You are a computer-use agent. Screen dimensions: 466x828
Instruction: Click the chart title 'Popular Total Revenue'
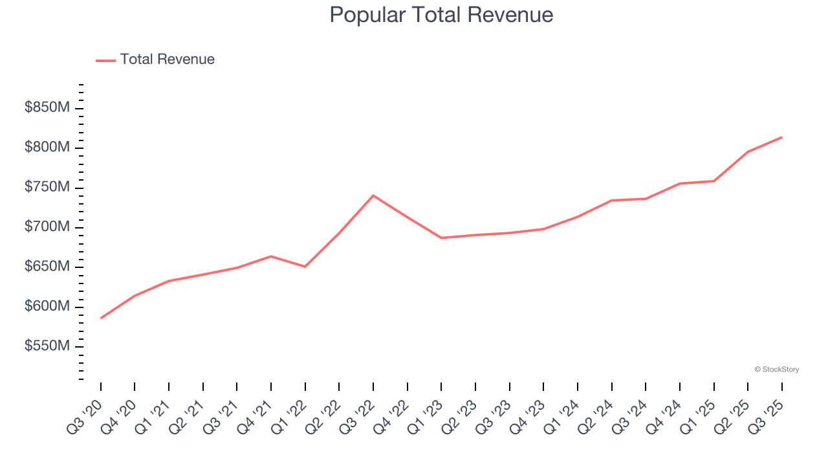point(441,15)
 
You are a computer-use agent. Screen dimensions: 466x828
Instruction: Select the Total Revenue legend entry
point(155,60)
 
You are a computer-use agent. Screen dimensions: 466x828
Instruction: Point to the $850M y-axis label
point(47,108)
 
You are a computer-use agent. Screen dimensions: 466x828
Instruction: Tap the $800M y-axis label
point(47,148)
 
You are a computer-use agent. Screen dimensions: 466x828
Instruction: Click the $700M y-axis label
point(47,227)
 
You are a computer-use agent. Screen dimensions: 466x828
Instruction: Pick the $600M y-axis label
point(47,307)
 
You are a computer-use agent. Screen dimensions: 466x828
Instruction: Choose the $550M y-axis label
point(47,347)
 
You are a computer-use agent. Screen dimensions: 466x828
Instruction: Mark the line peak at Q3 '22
point(373,195)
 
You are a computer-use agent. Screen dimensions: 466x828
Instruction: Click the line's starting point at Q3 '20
point(101,318)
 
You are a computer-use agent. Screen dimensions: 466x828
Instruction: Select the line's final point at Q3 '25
point(781,137)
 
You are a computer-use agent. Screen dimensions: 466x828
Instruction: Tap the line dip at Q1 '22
point(305,267)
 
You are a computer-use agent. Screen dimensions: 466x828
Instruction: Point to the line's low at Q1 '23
point(441,238)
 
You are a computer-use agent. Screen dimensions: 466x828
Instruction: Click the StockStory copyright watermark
point(776,370)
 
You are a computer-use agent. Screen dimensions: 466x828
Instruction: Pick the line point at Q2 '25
point(748,151)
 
